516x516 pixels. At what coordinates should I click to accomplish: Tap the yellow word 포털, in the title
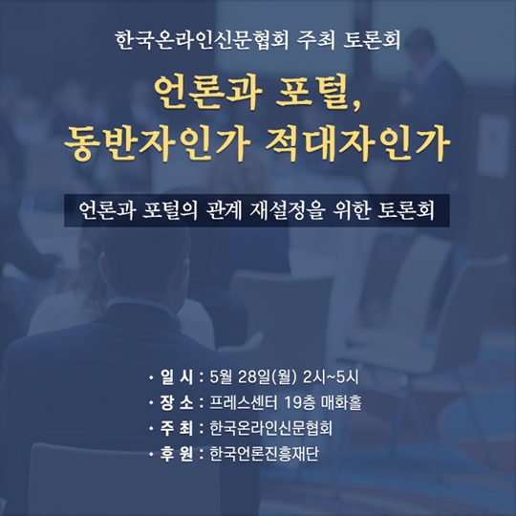pyautogui.click(x=319, y=93)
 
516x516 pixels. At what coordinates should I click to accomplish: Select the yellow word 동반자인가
pyautogui.click(x=158, y=143)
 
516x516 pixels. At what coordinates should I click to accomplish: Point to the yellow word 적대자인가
pyautogui.click(x=358, y=143)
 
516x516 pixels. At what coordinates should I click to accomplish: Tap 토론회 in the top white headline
pyautogui.click(x=372, y=40)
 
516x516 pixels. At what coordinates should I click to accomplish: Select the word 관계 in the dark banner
pyautogui.click(x=224, y=210)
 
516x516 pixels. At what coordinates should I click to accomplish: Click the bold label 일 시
pyautogui.click(x=177, y=377)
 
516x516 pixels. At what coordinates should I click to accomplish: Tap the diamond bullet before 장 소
pyautogui.click(x=151, y=402)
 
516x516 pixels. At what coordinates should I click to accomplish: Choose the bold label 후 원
pyautogui.click(x=177, y=454)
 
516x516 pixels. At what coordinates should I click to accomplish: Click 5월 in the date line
pyautogui.click(x=221, y=377)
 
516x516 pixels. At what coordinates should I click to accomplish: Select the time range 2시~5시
pyautogui.click(x=331, y=377)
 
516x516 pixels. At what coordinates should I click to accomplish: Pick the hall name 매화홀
pyautogui.click(x=341, y=403)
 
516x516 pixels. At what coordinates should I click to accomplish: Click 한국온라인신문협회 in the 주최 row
pyautogui.click(x=270, y=428)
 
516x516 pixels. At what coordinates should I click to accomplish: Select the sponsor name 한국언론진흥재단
pyautogui.click(x=265, y=454)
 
